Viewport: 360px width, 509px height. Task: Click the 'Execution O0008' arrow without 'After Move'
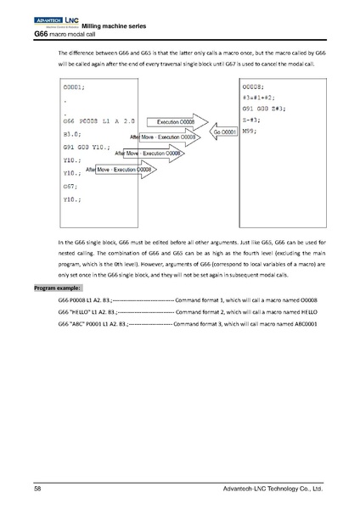(x=176, y=123)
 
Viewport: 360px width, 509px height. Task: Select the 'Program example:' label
(x=57, y=288)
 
